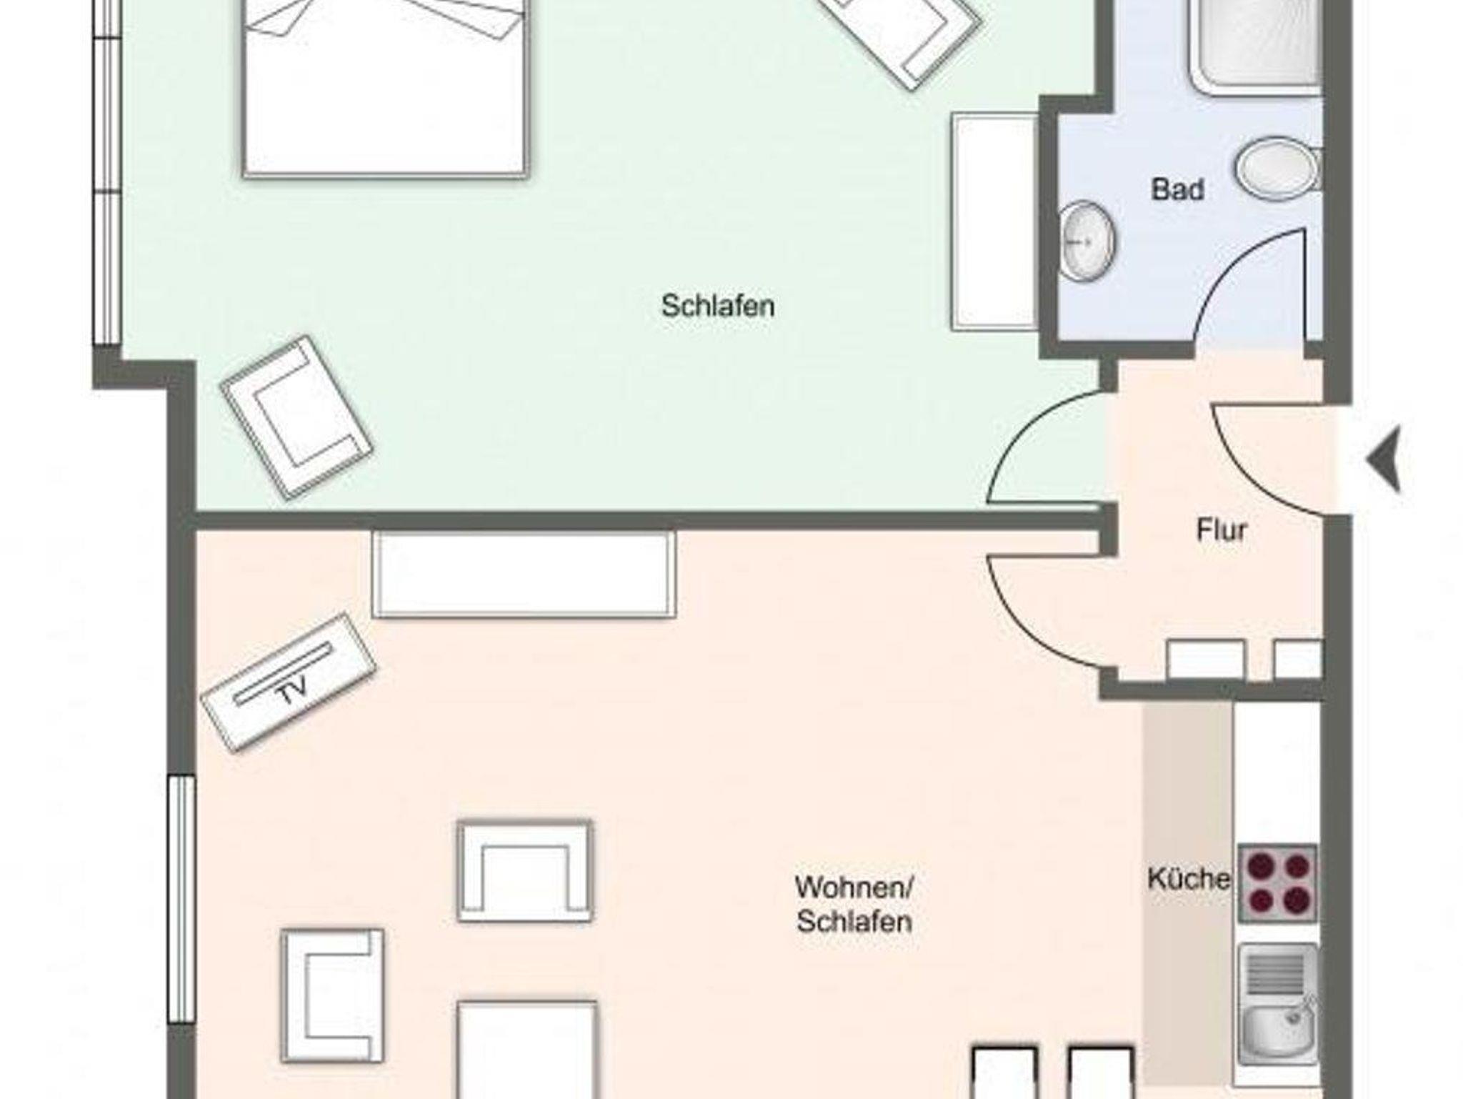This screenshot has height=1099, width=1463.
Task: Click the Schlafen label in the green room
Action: pyautogui.click(x=718, y=307)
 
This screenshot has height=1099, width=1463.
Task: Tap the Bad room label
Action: pyautogui.click(x=1178, y=189)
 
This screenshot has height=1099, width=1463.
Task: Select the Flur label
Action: pyautogui.click(x=1222, y=530)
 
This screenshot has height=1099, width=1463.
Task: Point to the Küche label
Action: pyautogui.click(x=1189, y=878)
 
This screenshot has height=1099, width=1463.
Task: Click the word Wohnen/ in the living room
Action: pyautogui.click(x=854, y=887)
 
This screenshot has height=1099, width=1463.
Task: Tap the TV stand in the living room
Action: pyautogui.click(x=289, y=682)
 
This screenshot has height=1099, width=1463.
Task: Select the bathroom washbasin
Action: pyautogui.click(x=1087, y=241)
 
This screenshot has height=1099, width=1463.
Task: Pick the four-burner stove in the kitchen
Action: pyautogui.click(x=1277, y=882)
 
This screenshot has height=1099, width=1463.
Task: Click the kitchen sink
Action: pyautogui.click(x=1279, y=1004)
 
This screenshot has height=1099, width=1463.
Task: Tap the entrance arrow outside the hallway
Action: pyautogui.click(x=1384, y=459)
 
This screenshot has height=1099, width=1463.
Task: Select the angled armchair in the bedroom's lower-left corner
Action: pyautogui.click(x=296, y=417)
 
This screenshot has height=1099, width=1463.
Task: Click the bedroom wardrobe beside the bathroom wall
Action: pyautogui.click(x=995, y=222)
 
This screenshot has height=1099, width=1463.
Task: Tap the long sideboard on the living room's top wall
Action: pyautogui.click(x=524, y=574)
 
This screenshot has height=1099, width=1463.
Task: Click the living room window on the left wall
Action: pyautogui.click(x=181, y=899)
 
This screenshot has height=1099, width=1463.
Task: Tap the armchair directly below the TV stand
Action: pyautogui.click(x=332, y=995)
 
